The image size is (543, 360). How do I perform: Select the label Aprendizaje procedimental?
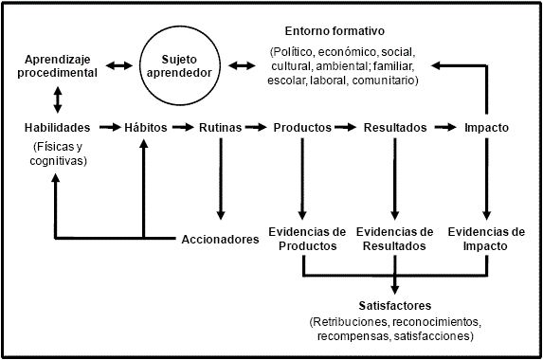(x=60, y=66)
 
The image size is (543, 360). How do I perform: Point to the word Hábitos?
(x=145, y=127)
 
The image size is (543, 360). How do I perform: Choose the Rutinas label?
(x=220, y=127)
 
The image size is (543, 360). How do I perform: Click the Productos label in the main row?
(x=301, y=127)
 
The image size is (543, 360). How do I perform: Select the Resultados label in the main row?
(x=394, y=127)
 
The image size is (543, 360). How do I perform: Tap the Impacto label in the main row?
(x=486, y=127)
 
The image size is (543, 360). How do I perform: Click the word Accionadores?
(x=220, y=239)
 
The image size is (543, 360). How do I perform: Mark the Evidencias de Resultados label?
(x=394, y=239)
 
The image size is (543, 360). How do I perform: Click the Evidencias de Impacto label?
(x=486, y=239)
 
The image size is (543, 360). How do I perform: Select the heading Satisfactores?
(x=394, y=305)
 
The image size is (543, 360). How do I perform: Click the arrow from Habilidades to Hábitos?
(x=107, y=127)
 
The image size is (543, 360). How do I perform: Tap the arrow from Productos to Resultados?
(x=348, y=127)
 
